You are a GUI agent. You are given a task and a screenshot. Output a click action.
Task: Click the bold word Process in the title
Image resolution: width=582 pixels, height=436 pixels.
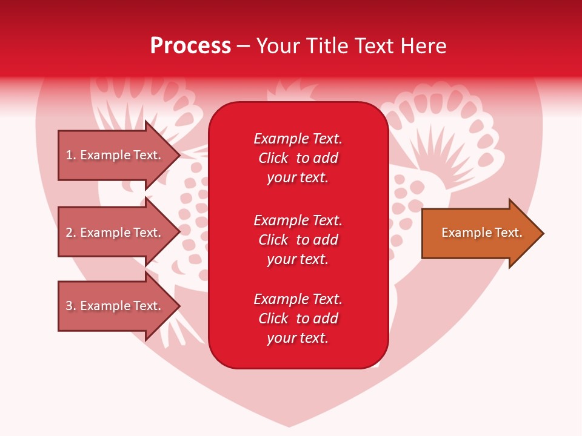tap(190, 46)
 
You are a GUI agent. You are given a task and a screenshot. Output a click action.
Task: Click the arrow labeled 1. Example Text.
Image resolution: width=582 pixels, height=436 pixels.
tap(115, 155)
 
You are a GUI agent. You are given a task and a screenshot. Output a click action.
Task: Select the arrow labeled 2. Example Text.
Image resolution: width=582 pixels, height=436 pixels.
tap(115, 233)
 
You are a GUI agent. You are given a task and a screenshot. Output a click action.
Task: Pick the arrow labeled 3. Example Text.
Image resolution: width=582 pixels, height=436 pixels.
tap(115, 306)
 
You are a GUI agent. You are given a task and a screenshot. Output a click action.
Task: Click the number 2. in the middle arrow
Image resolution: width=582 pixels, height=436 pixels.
tap(71, 233)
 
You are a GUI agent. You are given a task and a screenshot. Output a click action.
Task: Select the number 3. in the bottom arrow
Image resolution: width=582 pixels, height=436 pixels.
tap(71, 306)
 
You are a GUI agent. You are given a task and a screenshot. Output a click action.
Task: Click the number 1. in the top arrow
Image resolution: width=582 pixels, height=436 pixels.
tap(71, 155)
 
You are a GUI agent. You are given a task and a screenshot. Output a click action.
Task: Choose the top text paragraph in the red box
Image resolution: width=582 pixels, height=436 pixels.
tap(298, 158)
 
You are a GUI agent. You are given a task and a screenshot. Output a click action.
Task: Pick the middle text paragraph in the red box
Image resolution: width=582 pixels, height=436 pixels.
tap(298, 240)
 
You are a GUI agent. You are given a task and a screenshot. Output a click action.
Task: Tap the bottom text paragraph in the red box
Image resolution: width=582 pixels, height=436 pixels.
tap(298, 319)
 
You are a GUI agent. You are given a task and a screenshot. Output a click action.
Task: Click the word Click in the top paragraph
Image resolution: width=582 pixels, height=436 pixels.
tap(273, 158)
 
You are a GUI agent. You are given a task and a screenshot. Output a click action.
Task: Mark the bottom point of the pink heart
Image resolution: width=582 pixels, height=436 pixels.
tap(290, 426)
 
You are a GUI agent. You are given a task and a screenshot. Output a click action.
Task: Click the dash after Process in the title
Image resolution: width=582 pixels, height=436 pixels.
tap(244, 46)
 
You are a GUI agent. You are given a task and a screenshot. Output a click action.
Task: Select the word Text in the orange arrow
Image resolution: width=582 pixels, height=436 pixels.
tap(507, 233)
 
